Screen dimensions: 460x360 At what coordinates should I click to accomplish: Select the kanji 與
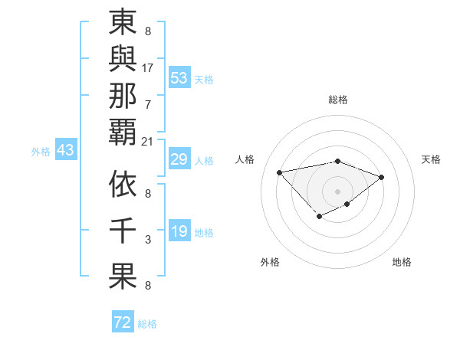pyautogui.click(x=123, y=61)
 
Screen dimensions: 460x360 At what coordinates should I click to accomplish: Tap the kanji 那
pyautogui.click(x=123, y=97)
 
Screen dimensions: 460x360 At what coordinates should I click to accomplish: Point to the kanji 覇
pyautogui.click(x=123, y=132)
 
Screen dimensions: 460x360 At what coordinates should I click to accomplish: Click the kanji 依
pyautogui.click(x=123, y=185)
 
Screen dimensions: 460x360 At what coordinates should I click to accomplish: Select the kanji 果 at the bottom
pyautogui.click(x=123, y=277)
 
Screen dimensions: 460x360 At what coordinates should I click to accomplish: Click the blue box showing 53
pyautogui.click(x=179, y=78)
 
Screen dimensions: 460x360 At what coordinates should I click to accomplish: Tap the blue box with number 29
pyautogui.click(x=179, y=160)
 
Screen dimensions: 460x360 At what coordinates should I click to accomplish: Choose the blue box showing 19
pyautogui.click(x=179, y=232)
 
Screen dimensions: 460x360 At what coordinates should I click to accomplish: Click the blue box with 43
pyautogui.click(x=65, y=151)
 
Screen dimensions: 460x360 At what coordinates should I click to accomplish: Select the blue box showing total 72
pyautogui.click(x=123, y=323)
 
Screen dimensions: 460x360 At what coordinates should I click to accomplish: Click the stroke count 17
pyautogui.click(x=148, y=67)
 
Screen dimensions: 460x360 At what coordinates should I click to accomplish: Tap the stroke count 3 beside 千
pyautogui.click(x=148, y=240)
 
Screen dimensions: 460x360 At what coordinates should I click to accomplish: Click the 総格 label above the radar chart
pyautogui.click(x=337, y=100)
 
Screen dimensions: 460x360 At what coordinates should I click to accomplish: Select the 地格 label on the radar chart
pyautogui.click(x=402, y=262)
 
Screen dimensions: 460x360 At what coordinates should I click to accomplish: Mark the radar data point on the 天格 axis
pyautogui.click(x=382, y=177)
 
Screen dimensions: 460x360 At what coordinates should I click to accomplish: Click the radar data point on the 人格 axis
pyautogui.click(x=280, y=172)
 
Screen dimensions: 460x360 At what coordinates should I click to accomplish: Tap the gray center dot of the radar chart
pyautogui.click(x=337, y=191)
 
